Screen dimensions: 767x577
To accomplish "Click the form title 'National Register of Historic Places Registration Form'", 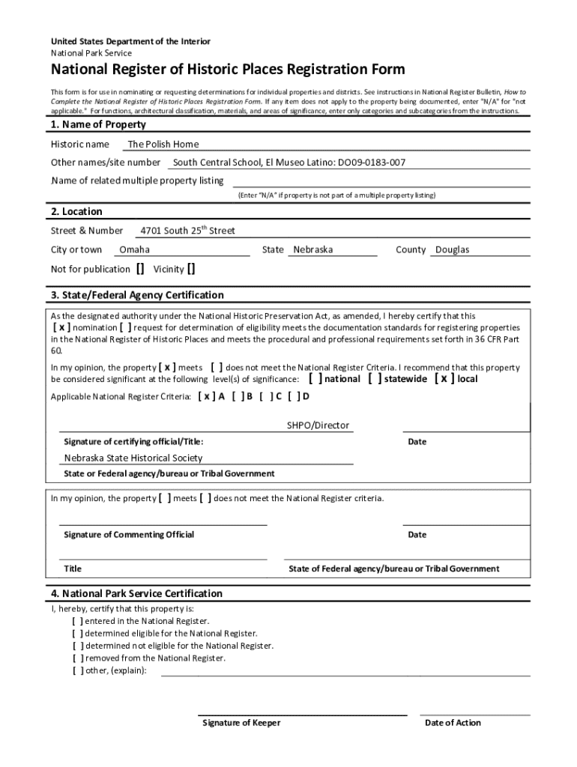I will pos(228,70).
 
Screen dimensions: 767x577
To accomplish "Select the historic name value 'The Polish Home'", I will pos(163,145).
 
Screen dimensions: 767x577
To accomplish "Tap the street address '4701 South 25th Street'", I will pos(188,231).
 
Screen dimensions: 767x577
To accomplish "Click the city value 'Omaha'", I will pos(135,249).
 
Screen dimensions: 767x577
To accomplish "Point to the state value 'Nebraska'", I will pos(313,249).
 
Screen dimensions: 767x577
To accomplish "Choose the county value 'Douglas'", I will pos(453,249).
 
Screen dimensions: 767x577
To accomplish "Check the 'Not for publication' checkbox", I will pos(141,269).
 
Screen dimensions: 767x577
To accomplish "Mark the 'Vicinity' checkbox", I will pos(192,269).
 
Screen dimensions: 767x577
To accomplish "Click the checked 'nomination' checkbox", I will pos(61,327).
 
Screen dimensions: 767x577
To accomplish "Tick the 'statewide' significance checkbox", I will pos(375,379).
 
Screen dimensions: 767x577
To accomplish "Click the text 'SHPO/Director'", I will pos(318,425).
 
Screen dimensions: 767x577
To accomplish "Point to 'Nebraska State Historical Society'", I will pos(133,458).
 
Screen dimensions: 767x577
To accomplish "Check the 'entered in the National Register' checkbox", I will pos(78,621).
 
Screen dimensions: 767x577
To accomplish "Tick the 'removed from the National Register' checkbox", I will pos(78,658).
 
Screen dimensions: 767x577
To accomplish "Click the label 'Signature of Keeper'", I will pos(242,723).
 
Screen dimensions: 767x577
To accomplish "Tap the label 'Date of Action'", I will pos(453,723).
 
